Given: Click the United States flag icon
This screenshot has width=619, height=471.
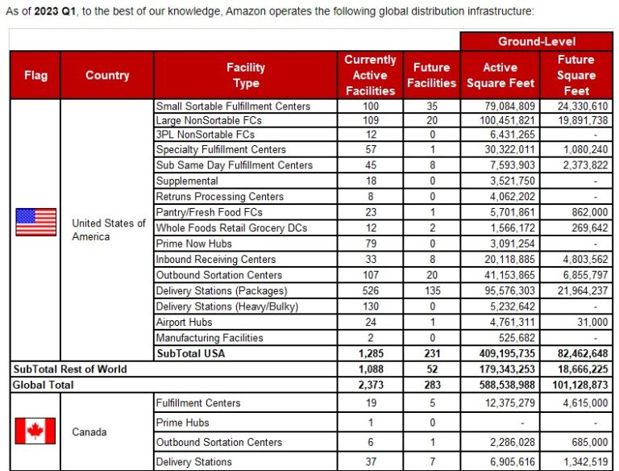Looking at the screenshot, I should tap(35, 222).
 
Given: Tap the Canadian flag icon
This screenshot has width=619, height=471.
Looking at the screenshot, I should tap(35, 431).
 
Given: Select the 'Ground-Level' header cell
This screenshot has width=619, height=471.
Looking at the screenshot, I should tap(537, 41).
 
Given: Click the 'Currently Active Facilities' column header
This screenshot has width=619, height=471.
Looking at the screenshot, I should tap(370, 75).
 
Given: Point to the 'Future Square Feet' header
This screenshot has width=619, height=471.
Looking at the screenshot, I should tap(576, 75).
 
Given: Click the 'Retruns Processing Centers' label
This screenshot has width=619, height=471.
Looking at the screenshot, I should tap(219, 196).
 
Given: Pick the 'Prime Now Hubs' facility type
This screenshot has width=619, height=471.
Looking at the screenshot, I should tap(193, 244).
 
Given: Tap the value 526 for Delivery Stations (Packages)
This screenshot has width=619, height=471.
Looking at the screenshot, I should tap(370, 290).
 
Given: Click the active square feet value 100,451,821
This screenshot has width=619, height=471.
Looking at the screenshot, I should tap(500, 120).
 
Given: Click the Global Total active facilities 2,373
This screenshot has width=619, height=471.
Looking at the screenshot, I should tap(370, 385).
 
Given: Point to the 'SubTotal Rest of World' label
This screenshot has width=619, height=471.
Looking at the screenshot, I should tap(69, 369).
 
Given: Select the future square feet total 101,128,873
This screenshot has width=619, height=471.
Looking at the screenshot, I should tap(576, 385).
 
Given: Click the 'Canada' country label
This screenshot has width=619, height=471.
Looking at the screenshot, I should tap(89, 431).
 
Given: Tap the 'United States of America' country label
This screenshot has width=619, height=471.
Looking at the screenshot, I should tap(107, 230).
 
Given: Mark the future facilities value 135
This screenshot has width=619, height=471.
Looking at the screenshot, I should tap(431, 290).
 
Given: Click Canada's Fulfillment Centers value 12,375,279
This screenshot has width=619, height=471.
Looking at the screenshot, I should tap(500, 402).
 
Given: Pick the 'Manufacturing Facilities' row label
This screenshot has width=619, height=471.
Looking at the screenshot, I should tap(209, 338).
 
